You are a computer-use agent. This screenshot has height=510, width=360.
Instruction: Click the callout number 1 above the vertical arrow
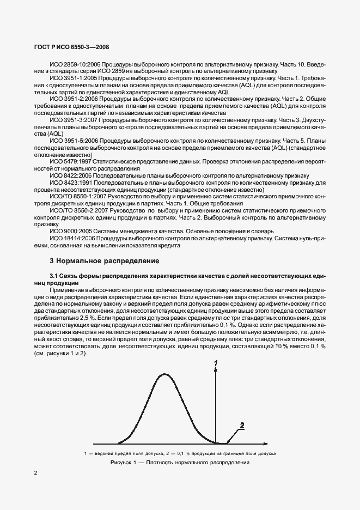click(216, 363)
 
